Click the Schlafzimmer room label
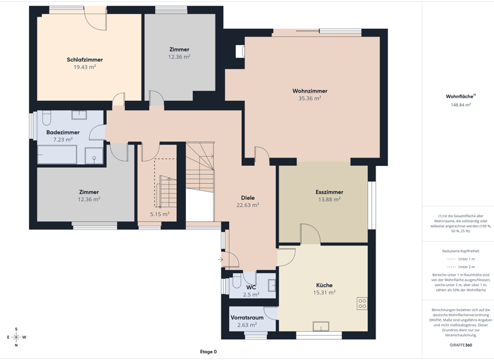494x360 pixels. [x=84, y=60]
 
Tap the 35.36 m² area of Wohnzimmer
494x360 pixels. [x=309, y=99]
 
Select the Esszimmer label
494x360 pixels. [x=329, y=192]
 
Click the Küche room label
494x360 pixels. [x=324, y=285]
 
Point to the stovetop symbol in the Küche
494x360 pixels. [x=362, y=303]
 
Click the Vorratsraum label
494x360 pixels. [x=247, y=318]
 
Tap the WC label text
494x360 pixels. [x=251, y=287]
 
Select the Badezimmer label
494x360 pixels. [x=63, y=132]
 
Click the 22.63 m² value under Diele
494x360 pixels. [x=248, y=206]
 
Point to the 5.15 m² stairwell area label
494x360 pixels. [x=160, y=214]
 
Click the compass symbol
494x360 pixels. [x=16, y=336]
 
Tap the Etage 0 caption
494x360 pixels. [x=208, y=352]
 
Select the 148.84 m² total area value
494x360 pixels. [x=461, y=104]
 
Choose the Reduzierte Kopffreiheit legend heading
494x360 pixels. [x=461, y=251]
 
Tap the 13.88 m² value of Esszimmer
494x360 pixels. [x=329, y=200]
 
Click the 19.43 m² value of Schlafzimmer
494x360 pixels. [x=84, y=67]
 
